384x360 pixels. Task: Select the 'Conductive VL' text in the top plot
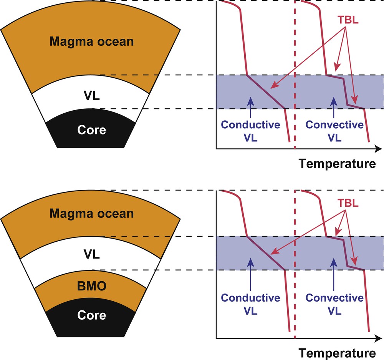pos(251,131)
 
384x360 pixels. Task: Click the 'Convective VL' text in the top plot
pos(334,131)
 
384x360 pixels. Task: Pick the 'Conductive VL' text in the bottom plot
pos(251,304)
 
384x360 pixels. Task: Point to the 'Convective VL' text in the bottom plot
pos(334,304)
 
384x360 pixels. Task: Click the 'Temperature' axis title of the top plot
pos(337,164)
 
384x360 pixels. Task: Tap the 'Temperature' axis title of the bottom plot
pos(337,352)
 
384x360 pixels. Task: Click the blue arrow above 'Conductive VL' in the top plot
pos(250,107)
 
